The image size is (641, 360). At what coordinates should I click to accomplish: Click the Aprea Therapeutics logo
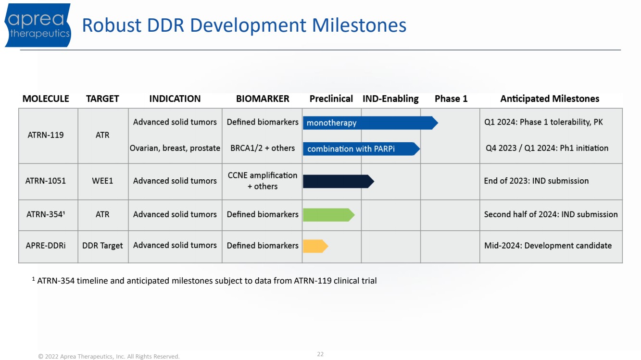click(x=38, y=25)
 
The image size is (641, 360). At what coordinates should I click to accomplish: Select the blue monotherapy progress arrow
click(x=370, y=123)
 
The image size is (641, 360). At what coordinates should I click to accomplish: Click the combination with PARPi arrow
click(x=362, y=149)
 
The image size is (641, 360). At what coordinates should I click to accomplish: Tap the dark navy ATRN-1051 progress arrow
click(x=338, y=181)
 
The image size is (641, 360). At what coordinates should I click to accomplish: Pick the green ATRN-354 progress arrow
click(x=329, y=215)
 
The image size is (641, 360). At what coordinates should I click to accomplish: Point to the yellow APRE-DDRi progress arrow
click(x=315, y=246)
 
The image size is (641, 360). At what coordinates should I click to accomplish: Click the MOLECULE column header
click(x=46, y=99)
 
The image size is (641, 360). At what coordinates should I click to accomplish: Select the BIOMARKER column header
click(x=263, y=99)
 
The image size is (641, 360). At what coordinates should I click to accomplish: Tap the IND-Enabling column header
click(x=390, y=99)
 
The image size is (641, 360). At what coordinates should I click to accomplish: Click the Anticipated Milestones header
click(x=550, y=99)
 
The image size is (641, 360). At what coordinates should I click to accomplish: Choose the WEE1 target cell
click(x=102, y=181)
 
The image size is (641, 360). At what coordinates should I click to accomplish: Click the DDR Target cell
click(x=102, y=246)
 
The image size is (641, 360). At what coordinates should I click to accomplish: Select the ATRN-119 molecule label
click(x=46, y=135)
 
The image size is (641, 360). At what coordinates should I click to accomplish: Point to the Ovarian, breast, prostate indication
click(x=175, y=148)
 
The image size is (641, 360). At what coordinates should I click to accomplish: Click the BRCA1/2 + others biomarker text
click(x=263, y=148)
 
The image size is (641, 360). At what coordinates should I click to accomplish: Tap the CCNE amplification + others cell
click(x=263, y=181)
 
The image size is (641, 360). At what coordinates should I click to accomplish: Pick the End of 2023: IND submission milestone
click(x=536, y=181)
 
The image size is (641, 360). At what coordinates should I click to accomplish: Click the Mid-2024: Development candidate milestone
click(x=548, y=246)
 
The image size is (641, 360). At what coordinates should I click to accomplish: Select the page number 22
click(x=320, y=354)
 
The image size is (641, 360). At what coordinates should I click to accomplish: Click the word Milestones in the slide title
click(x=359, y=25)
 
